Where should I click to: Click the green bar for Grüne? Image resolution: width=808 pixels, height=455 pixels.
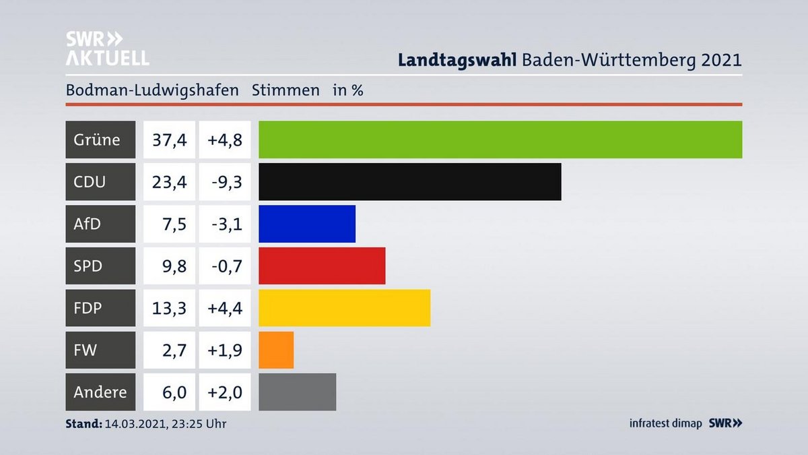coord(500,140)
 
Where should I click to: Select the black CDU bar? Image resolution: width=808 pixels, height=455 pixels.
coord(409,181)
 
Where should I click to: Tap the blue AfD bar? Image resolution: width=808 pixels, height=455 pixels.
coord(306,224)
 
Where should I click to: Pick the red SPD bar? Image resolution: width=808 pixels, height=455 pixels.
coord(322,266)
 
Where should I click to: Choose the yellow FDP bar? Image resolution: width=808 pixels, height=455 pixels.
coord(344,308)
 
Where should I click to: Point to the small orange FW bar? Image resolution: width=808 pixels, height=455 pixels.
coord(276,350)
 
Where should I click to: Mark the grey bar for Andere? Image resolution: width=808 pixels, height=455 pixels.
coord(297,392)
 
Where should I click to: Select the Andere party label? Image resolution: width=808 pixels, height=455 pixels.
coord(100,392)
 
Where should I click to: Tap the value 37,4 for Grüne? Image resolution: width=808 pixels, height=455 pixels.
coord(169,140)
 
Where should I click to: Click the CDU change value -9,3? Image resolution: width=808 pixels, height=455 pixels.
coord(224,181)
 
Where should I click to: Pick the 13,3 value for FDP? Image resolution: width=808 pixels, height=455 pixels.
coord(169,308)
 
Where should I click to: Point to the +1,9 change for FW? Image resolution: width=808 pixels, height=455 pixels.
coord(224,350)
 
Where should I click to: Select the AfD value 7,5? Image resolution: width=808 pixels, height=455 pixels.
coord(173,224)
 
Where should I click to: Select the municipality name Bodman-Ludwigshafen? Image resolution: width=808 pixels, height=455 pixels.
coord(152,90)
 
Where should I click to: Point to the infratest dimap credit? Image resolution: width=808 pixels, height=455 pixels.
coord(665,423)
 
